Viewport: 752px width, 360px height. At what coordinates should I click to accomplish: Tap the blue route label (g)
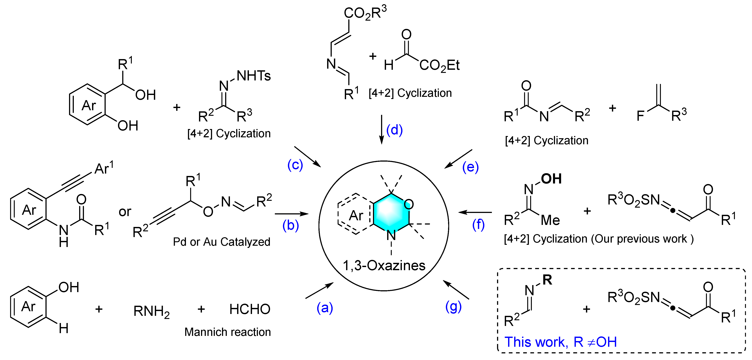tap(453, 307)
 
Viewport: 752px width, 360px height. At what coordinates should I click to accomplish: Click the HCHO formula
tap(250, 309)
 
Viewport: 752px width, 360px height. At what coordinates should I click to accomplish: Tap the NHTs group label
tap(253, 76)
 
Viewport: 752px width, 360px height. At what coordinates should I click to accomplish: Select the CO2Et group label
tap(439, 65)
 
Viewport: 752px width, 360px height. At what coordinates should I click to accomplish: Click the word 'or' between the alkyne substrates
tap(125, 212)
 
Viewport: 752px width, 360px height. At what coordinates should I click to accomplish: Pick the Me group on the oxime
tap(550, 220)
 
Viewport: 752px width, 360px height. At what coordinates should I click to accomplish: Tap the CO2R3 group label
tap(365, 13)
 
